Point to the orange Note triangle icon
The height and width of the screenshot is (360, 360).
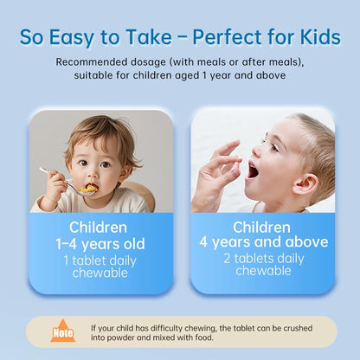[62, 331]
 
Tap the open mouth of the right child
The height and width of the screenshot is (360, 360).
[252, 169]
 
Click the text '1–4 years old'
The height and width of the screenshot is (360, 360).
[100, 243]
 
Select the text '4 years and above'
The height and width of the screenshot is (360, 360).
[263, 241]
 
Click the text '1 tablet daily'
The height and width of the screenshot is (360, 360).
[100, 260]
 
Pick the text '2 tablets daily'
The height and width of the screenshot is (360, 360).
[263, 258]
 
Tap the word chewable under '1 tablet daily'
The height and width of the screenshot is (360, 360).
[100, 273]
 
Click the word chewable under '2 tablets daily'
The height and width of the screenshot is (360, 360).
[263, 272]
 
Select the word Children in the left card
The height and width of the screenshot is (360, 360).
[100, 227]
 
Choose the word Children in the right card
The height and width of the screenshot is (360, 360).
[263, 226]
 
